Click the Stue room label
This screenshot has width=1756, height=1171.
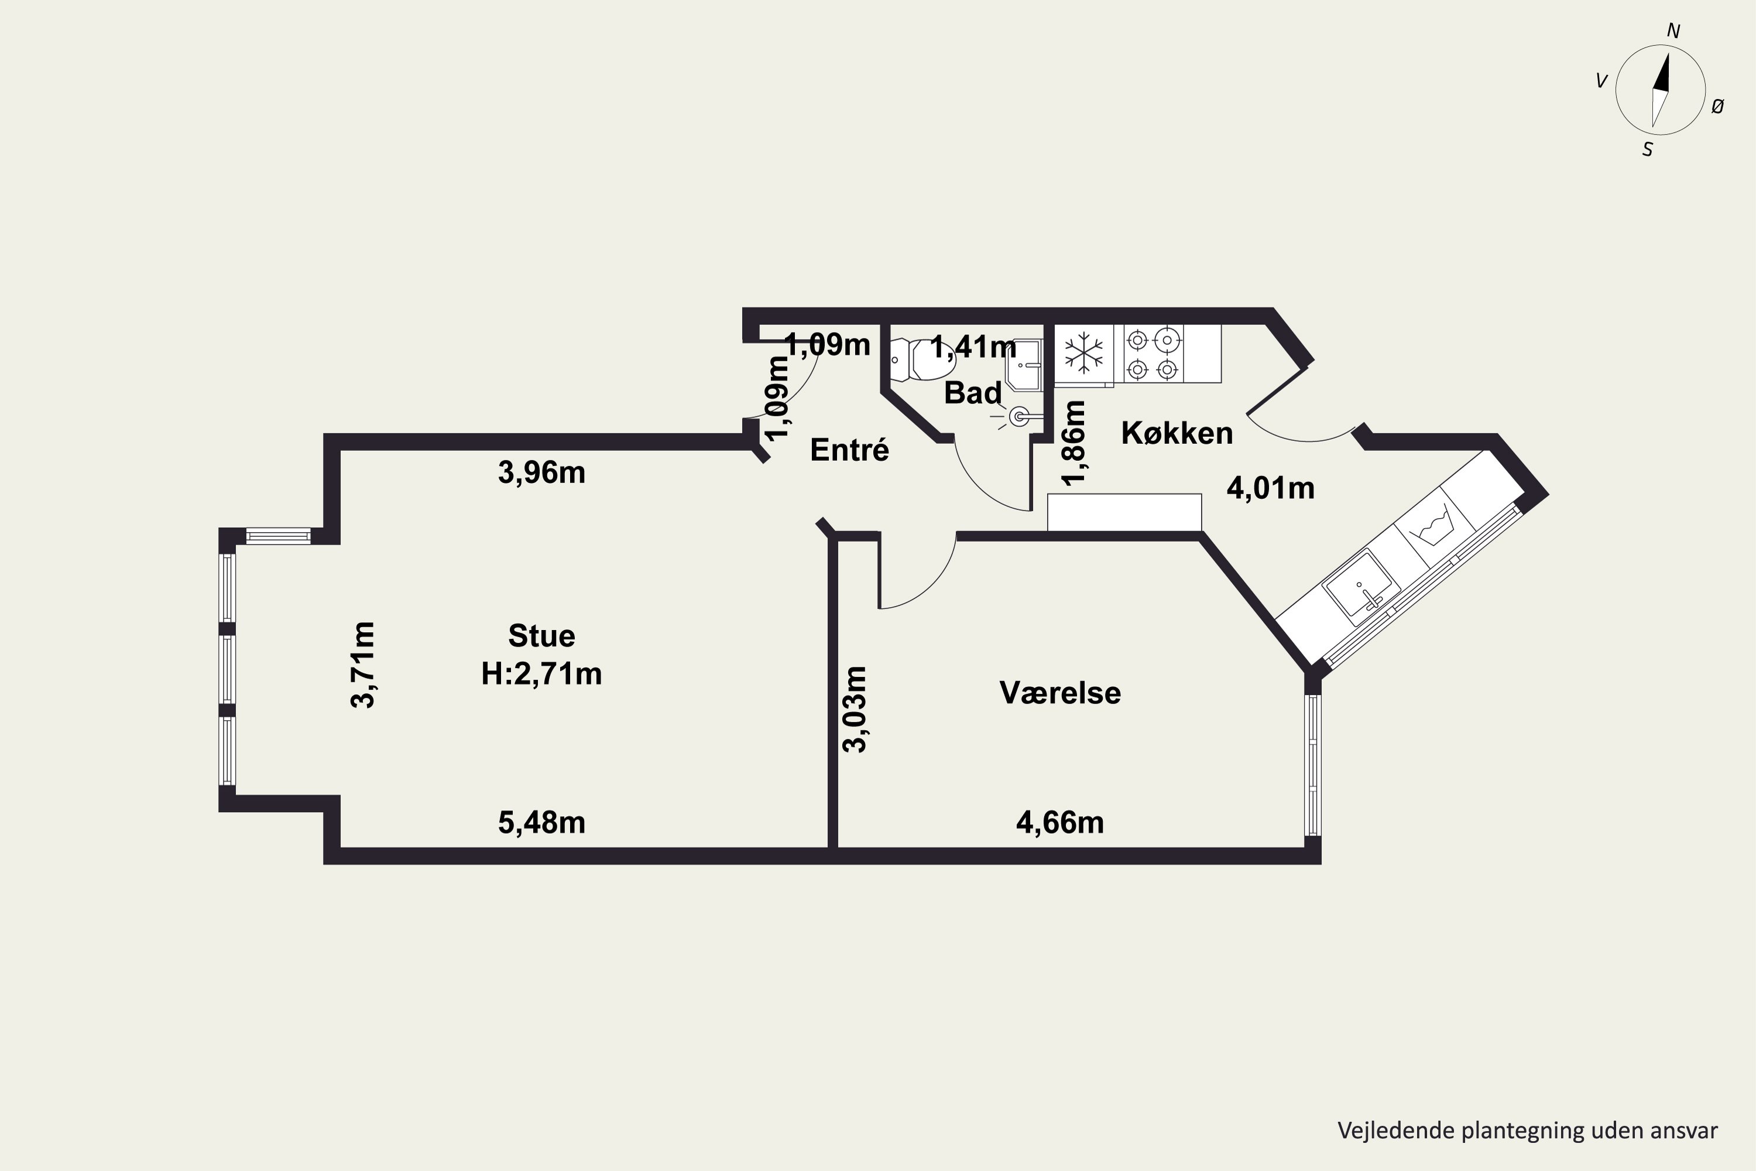click(x=541, y=636)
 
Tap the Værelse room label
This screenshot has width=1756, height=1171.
click(x=1060, y=693)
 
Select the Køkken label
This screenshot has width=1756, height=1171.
click(x=1177, y=433)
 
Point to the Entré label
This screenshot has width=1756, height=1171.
click(x=850, y=450)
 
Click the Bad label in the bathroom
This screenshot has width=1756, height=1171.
click(x=972, y=393)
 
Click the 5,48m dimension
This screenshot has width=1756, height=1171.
click(x=541, y=822)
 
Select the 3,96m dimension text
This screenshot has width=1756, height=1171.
click(x=541, y=472)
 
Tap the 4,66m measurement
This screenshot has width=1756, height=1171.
click(x=1060, y=822)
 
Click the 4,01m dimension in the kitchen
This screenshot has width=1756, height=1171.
click(x=1271, y=488)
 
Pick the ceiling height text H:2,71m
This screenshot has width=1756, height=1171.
click(x=541, y=674)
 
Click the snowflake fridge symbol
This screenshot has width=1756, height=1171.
click(x=1082, y=352)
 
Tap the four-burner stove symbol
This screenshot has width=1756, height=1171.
click(x=1153, y=354)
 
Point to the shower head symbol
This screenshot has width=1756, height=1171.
click(x=1017, y=416)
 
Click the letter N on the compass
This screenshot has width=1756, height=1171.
click(x=1673, y=30)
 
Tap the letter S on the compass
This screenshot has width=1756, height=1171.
click(x=1648, y=149)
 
